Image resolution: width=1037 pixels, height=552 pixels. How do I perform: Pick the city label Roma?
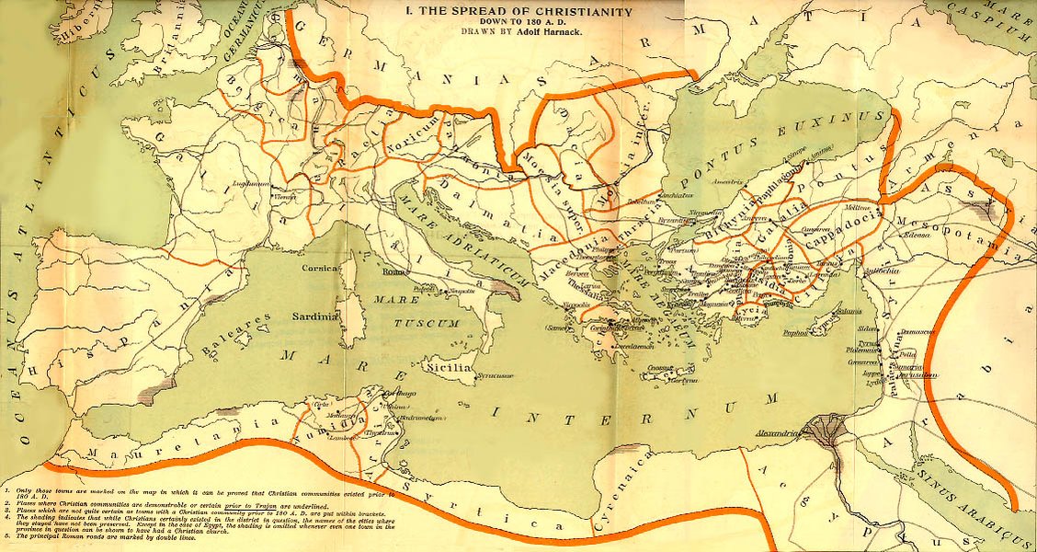click(x=393, y=272)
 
